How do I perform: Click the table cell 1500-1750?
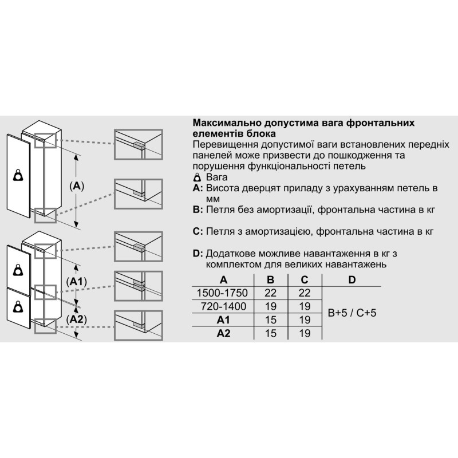(x=222, y=293)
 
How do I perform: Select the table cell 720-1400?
(x=223, y=306)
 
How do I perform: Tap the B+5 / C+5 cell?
(x=352, y=313)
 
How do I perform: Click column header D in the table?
(x=352, y=280)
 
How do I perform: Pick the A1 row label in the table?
(x=223, y=320)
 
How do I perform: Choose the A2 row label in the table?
(x=223, y=333)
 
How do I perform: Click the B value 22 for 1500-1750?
(x=270, y=293)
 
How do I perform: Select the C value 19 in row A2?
(x=305, y=333)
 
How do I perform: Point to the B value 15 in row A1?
(x=270, y=320)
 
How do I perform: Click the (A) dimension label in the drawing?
(x=77, y=185)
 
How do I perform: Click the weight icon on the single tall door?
(x=18, y=175)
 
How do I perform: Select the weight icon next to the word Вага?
(x=198, y=177)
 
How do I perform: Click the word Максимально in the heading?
(x=227, y=123)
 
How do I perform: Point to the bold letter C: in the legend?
(x=198, y=232)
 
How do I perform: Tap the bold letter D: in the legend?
(x=198, y=254)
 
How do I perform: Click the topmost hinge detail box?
(x=138, y=144)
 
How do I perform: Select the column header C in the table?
(x=305, y=280)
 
